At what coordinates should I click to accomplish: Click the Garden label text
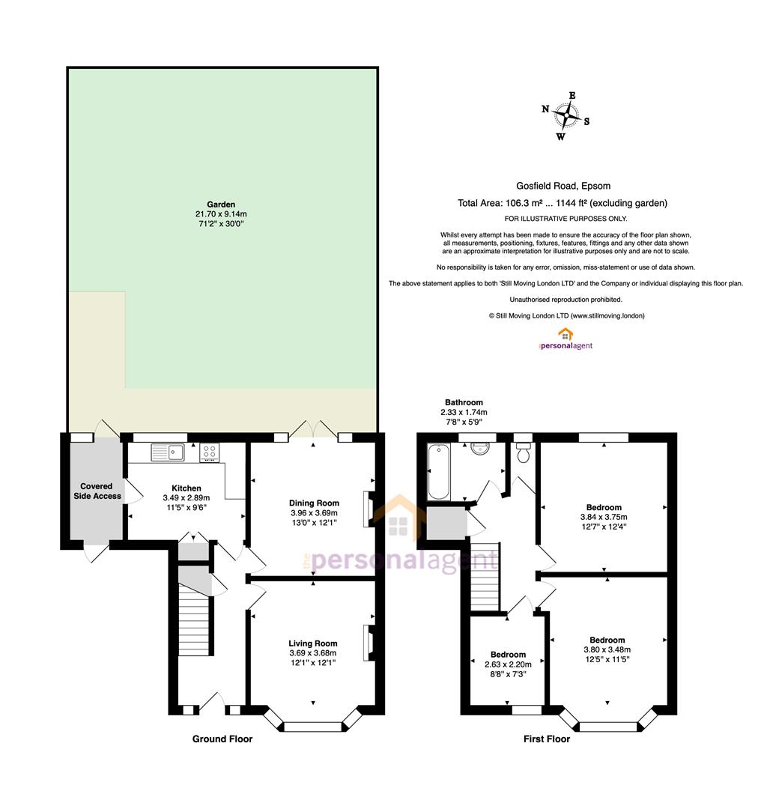[x=221, y=204]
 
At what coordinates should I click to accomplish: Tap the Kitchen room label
[x=187, y=488]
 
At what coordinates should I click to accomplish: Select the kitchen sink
[x=168, y=452]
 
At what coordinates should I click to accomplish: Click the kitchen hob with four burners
[x=209, y=452]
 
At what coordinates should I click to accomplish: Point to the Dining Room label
[x=314, y=503]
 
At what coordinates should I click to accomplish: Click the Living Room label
[x=312, y=643]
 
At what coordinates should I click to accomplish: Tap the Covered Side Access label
[x=97, y=491]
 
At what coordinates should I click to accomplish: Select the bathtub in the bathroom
[x=438, y=472]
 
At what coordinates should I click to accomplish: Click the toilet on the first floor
[x=523, y=452]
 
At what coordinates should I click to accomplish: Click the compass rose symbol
[x=566, y=115]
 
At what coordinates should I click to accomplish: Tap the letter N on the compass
[x=545, y=109]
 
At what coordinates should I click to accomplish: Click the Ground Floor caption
[x=222, y=739]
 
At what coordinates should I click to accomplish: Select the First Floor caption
[x=546, y=739]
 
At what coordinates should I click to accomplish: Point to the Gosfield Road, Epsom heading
[x=563, y=186]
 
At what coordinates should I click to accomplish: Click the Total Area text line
[x=563, y=203]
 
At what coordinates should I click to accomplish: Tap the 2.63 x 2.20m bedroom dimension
[x=508, y=664]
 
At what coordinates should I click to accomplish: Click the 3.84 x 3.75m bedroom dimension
[x=604, y=517]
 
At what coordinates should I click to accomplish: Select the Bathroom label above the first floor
[x=464, y=402]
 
